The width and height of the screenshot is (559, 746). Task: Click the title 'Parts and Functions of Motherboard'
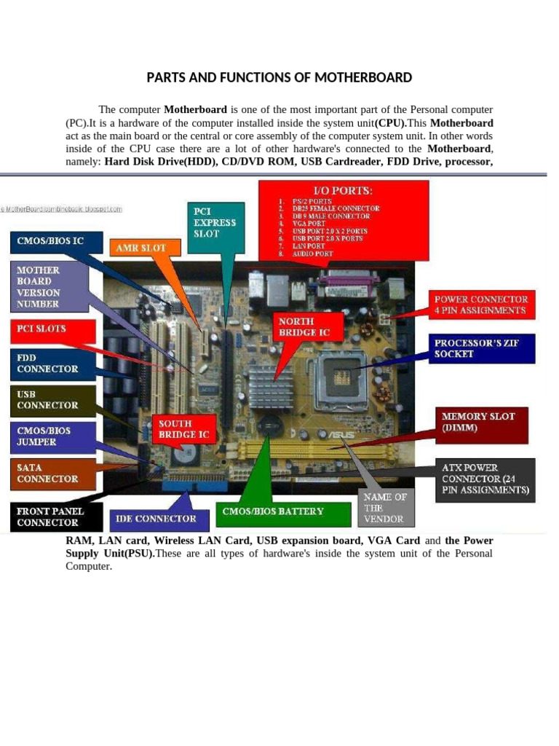279,77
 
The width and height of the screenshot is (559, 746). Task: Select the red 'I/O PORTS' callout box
344,221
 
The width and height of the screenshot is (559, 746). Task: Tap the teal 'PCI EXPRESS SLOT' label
214,222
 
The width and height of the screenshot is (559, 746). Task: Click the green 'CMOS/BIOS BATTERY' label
273,511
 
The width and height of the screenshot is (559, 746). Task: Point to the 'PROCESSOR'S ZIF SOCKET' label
484,348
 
